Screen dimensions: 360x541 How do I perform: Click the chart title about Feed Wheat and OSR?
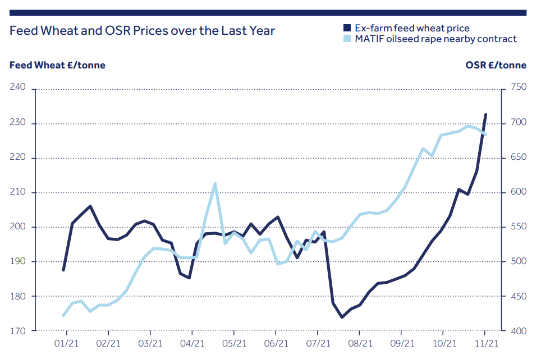pos(143,31)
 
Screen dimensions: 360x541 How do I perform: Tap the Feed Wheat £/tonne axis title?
pos(57,65)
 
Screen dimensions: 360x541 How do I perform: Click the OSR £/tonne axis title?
pos(496,65)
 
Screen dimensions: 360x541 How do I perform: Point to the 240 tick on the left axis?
pos(19,89)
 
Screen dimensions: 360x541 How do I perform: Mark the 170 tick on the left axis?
pos(19,331)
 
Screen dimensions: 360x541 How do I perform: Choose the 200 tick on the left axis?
pos(19,227)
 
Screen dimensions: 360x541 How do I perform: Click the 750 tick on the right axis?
pos(518,89)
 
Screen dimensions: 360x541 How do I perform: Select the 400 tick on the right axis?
pos(518,331)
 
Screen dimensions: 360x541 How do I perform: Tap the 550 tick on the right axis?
pos(518,227)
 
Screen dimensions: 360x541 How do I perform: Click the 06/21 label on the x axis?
pos(276,342)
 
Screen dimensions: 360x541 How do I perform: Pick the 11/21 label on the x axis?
pos(485,342)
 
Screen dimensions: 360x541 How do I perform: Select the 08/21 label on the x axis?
pos(360,342)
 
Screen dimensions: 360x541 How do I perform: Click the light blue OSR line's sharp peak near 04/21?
pos(215,183)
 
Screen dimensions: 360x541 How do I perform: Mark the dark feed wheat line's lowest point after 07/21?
pos(342,317)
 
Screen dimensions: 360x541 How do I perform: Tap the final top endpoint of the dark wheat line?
pos(485,114)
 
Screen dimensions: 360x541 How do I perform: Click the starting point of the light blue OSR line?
pos(63,315)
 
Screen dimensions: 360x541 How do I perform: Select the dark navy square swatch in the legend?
pos(347,27)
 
